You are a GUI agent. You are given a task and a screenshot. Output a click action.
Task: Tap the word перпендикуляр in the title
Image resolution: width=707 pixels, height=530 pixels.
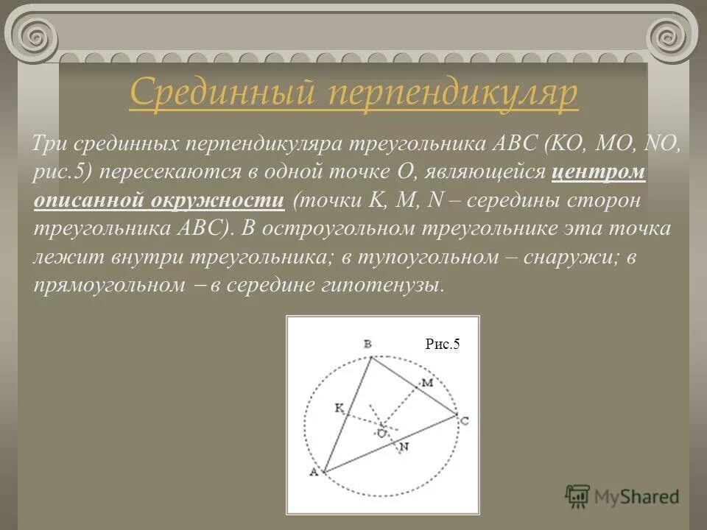(x=451, y=95)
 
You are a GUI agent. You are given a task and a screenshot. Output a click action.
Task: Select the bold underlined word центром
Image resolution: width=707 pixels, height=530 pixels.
(x=599, y=172)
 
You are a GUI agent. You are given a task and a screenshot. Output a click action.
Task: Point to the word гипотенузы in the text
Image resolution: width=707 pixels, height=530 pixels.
(x=394, y=285)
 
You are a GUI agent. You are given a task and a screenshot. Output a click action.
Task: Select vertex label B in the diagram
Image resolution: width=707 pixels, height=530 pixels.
(x=367, y=344)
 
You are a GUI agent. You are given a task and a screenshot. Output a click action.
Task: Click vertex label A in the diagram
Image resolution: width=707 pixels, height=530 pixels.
(x=313, y=473)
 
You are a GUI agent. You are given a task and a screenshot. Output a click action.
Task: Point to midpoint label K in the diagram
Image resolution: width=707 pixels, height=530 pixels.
(x=339, y=407)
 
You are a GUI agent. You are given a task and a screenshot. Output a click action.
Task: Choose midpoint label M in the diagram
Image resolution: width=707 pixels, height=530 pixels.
(x=427, y=382)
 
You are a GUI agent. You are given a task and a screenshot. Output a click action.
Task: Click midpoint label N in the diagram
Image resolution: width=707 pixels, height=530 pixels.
(x=404, y=446)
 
